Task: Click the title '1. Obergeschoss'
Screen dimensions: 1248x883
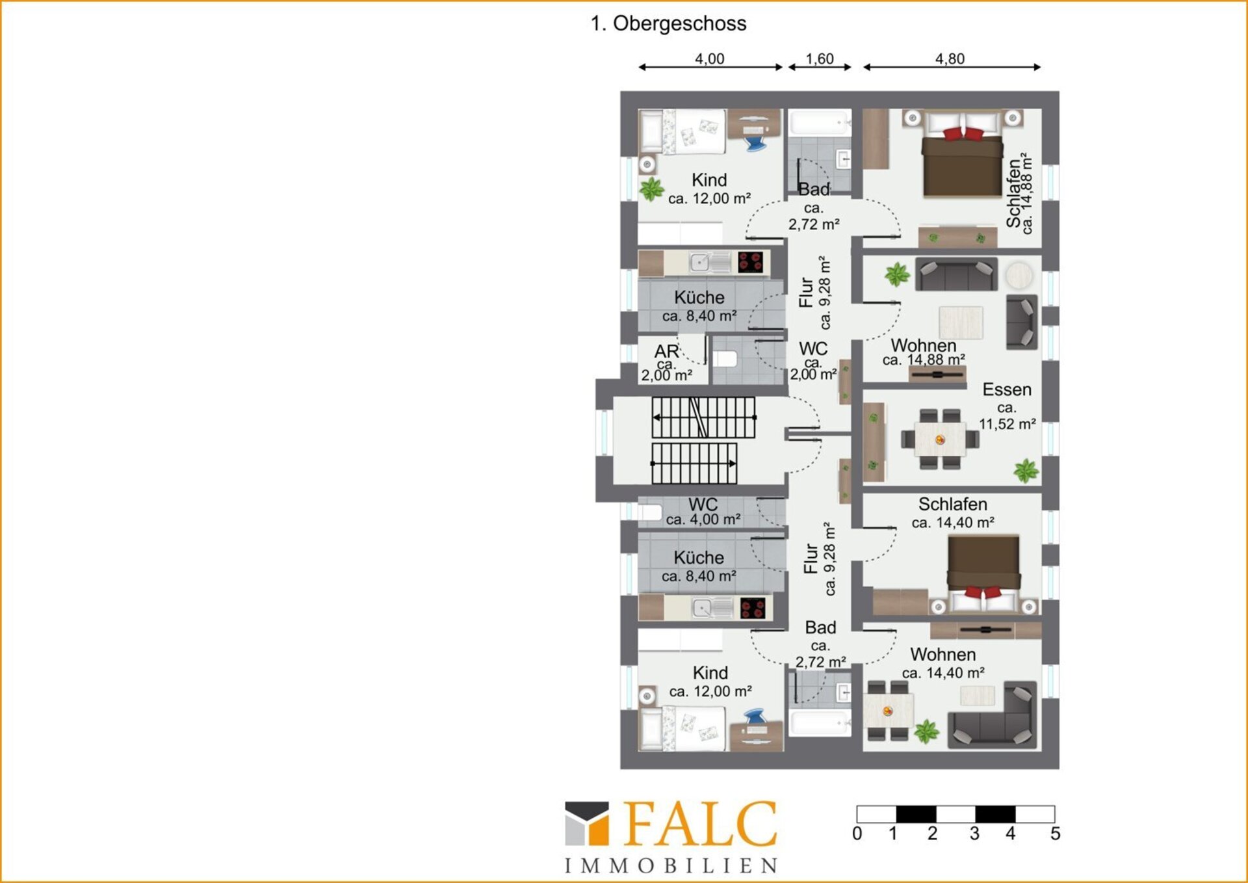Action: [668, 23]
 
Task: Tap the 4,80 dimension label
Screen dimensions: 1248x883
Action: [950, 59]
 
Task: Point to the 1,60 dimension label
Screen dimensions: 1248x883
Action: [820, 59]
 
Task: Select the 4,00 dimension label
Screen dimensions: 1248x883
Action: [709, 59]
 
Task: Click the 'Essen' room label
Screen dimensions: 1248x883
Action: [1007, 389]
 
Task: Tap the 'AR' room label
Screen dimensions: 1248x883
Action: [667, 351]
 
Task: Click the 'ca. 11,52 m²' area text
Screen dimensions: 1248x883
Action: [1007, 416]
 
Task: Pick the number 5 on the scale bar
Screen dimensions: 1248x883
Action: [1055, 834]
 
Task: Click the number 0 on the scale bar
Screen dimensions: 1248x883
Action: [857, 834]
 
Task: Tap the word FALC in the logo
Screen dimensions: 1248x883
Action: [701, 823]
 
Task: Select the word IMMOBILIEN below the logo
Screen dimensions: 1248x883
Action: [671, 866]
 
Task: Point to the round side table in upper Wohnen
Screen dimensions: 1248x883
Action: [1019, 276]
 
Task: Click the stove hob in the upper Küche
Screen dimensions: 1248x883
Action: [750, 263]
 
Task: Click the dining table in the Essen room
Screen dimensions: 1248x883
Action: [940, 440]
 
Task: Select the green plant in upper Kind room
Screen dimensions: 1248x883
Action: [651, 189]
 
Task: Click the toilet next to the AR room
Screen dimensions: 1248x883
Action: [725, 359]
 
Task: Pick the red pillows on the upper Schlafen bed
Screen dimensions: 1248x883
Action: [963, 134]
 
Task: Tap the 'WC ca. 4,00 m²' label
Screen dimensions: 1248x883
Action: [703, 512]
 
